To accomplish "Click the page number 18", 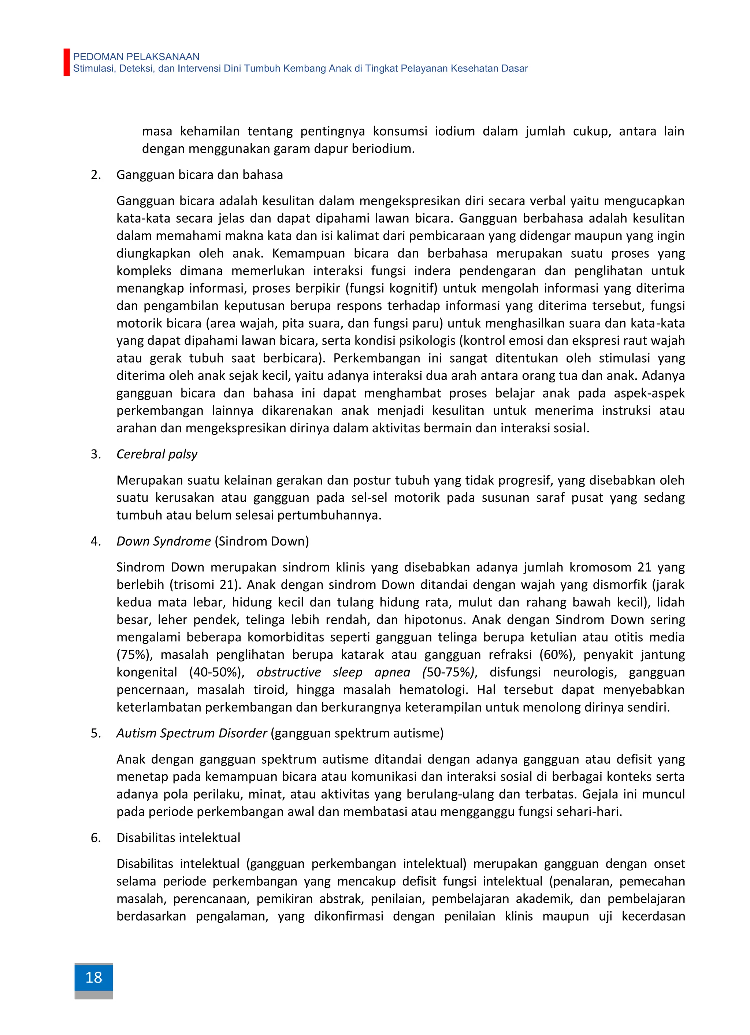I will (x=93, y=977).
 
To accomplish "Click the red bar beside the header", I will (x=67, y=62).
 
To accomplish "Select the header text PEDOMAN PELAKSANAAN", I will (x=136, y=56).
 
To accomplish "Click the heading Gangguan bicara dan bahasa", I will (x=199, y=175).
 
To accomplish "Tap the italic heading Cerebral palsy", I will (x=157, y=454).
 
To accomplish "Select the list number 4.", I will (x=95, y=541).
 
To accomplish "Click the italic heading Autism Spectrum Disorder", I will (x=192, y=733).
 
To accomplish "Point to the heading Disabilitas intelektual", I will (x=178, y=838).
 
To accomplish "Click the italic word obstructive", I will (x=289, y=672).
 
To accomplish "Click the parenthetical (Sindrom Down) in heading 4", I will (x=262, y=541).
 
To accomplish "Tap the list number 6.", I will (x=95, y=838).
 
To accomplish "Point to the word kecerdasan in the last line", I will (x=653, y=916).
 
